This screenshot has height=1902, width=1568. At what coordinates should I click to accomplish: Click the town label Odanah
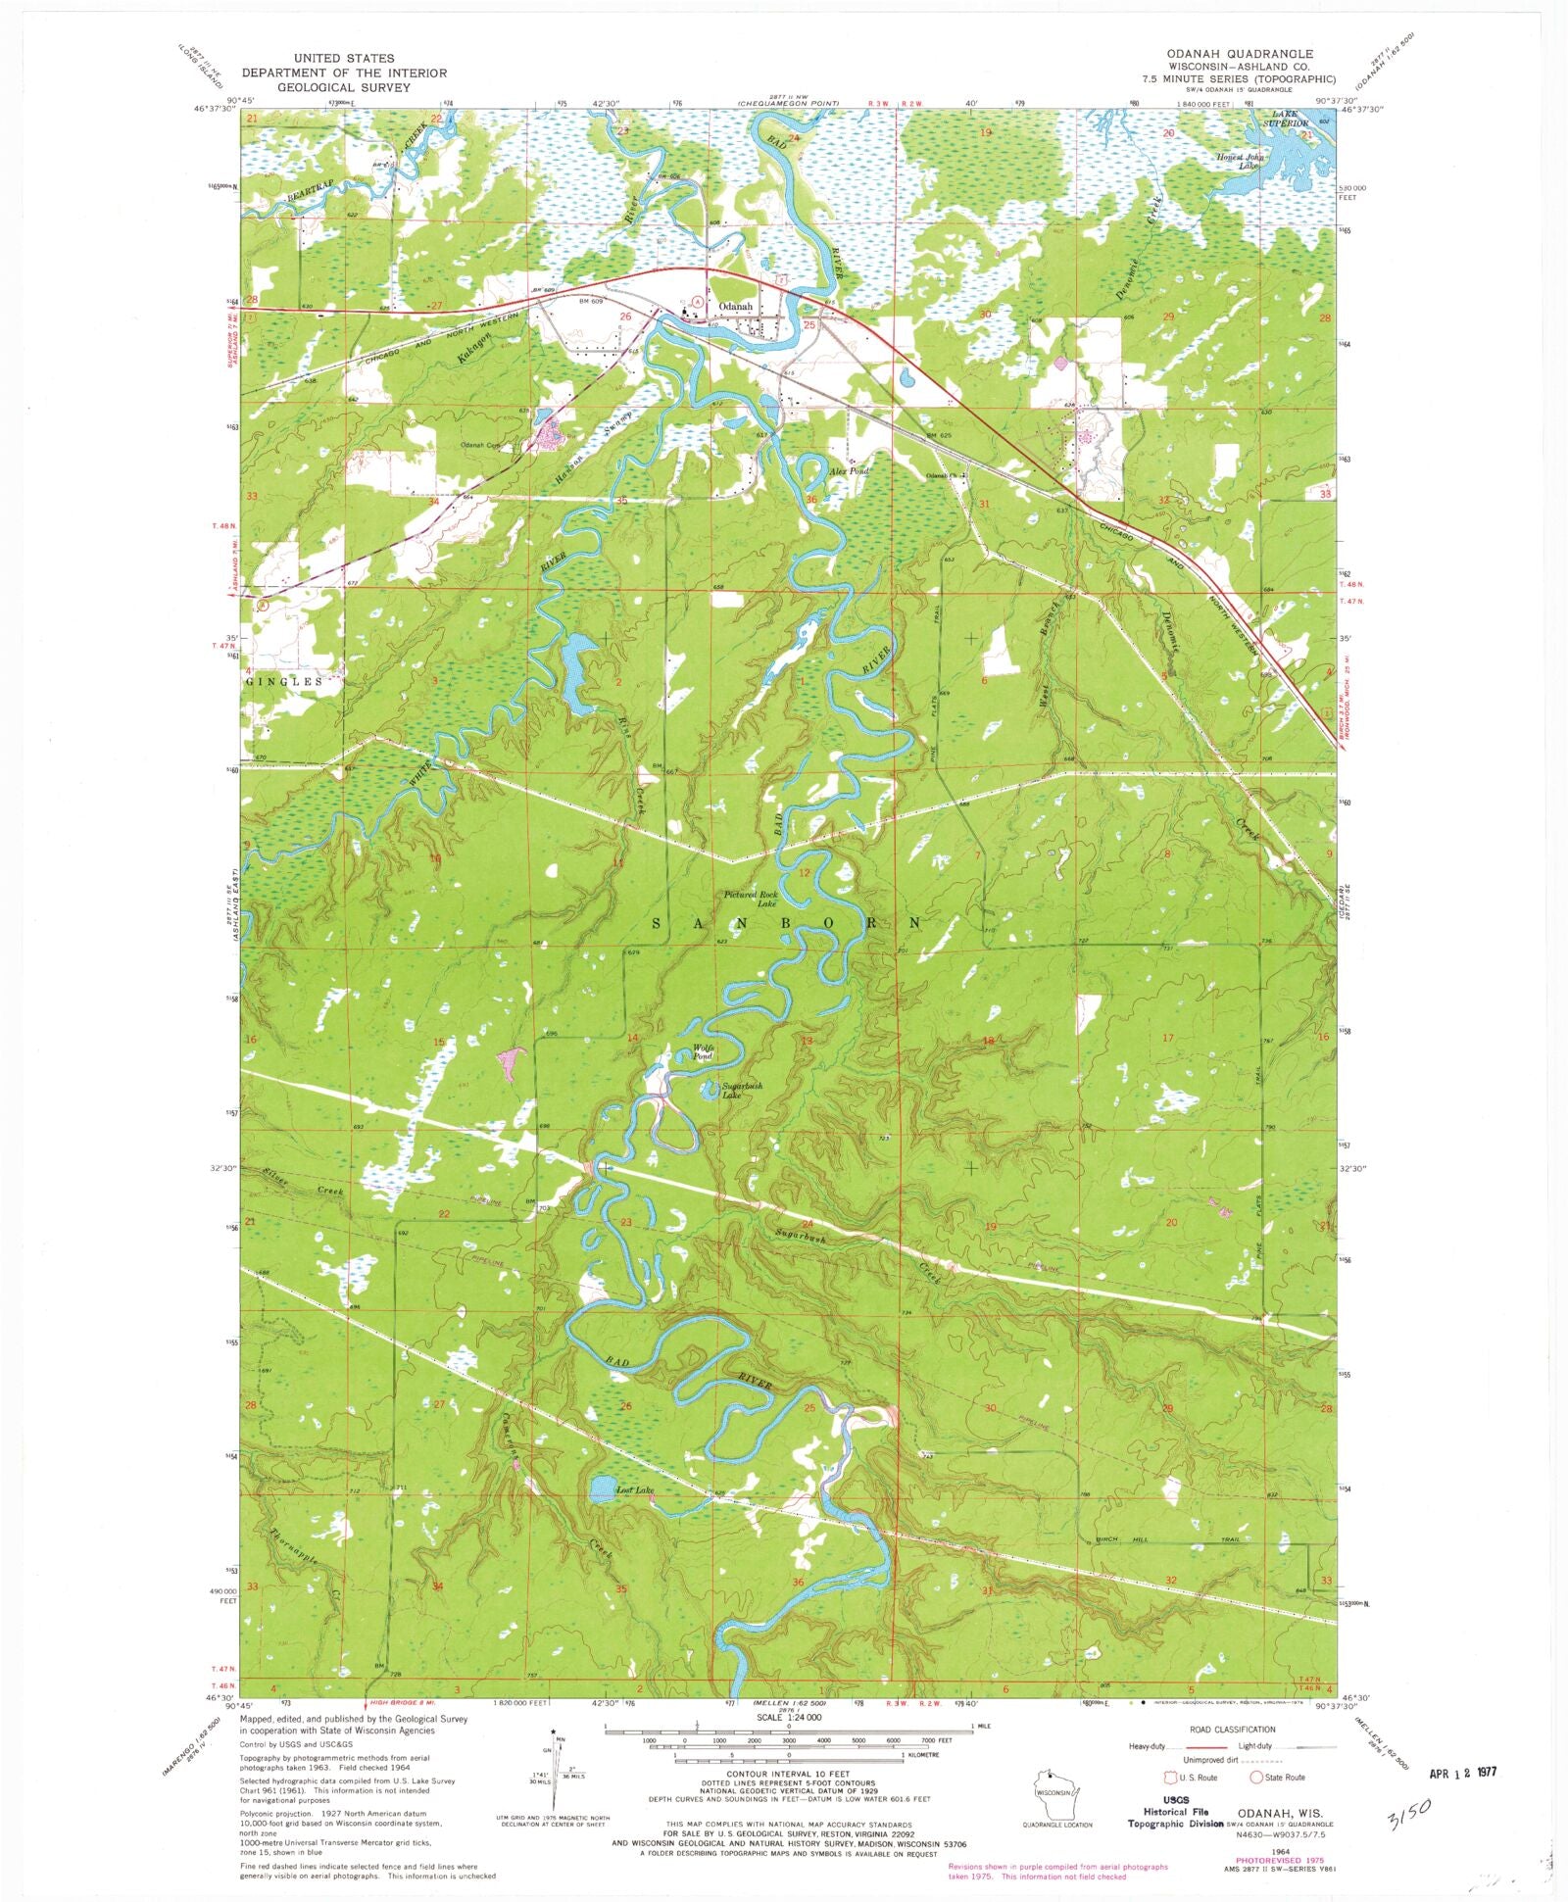click(736, 306)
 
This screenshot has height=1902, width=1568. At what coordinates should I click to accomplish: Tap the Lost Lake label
click(634, 1490)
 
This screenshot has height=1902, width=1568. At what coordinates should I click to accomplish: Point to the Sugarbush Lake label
click(742, 1091)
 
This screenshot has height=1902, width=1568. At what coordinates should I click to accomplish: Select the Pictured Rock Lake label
click(751, 899)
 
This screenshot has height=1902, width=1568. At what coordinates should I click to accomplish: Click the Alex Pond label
click(849, 471)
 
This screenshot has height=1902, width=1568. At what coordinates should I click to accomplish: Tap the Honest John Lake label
click(1241, 161)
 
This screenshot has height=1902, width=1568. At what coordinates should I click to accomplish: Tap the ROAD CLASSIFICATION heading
click(1232, 1730)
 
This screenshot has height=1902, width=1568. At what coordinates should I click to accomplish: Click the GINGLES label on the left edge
click(284, 681)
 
